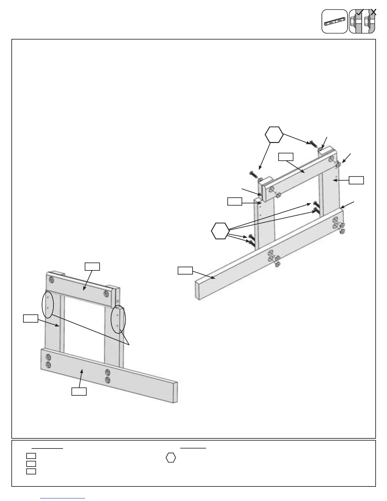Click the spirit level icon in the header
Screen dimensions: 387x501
point(335,22)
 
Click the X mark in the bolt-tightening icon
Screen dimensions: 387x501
point(373,12)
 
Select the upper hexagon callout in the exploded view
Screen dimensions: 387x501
point(274,135)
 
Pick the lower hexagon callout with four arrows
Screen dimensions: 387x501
point(220,231)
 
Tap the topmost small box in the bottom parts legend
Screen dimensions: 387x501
point(31,456)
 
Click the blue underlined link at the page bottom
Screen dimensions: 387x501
point(63,498)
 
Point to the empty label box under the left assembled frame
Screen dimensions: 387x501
point(79,391)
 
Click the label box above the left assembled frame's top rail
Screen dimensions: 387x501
point(92,266)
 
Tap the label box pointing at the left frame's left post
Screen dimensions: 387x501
point(31,318)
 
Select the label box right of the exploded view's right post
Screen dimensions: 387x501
point(356,180)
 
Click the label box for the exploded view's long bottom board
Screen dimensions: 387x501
point(185,270)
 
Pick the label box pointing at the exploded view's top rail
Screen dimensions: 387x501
point(286,157)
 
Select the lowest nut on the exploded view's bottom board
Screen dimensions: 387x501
point(277,265)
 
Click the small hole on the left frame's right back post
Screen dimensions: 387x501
point(118,301)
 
